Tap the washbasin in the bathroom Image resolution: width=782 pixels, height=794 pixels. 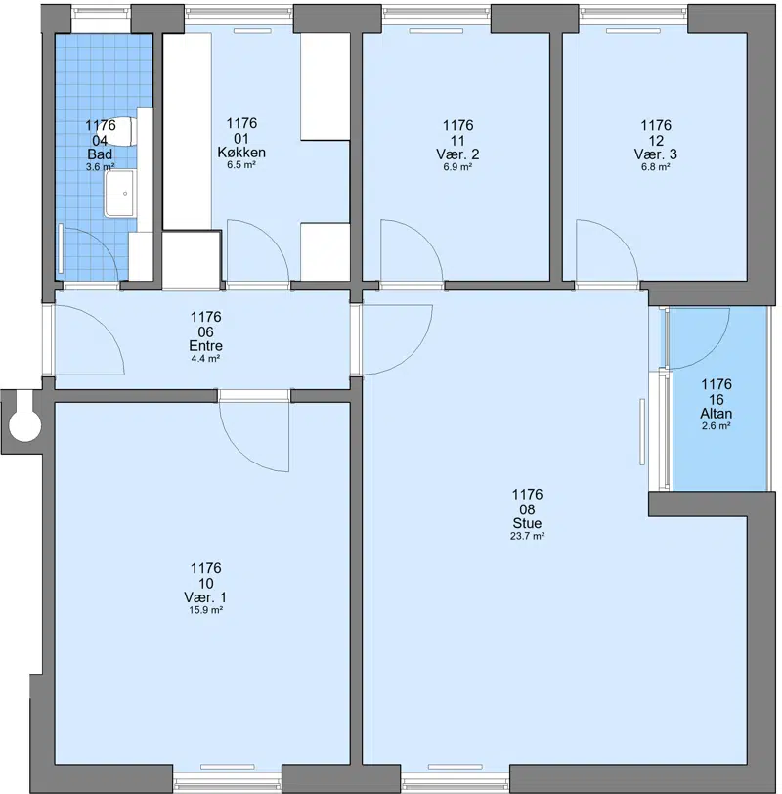point(120,194)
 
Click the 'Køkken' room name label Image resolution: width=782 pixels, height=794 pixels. point(241,152)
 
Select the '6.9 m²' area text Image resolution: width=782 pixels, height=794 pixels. point(457,167)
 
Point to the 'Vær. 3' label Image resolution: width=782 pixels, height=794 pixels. point(656,154)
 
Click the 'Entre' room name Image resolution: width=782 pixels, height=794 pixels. point(205,346)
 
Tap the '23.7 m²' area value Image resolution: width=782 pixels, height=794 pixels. point(527,536)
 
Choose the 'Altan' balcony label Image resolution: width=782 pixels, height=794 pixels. point(717,414)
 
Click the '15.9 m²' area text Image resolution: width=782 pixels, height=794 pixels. point(206,610)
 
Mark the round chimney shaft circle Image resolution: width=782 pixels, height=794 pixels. point(24,425)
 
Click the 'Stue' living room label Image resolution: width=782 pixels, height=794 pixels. point(527,523)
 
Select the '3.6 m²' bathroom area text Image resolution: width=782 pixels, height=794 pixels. point(101,167)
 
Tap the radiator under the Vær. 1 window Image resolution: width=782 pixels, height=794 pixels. point(227,767)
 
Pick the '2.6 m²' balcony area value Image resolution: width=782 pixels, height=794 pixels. point(716,426)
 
